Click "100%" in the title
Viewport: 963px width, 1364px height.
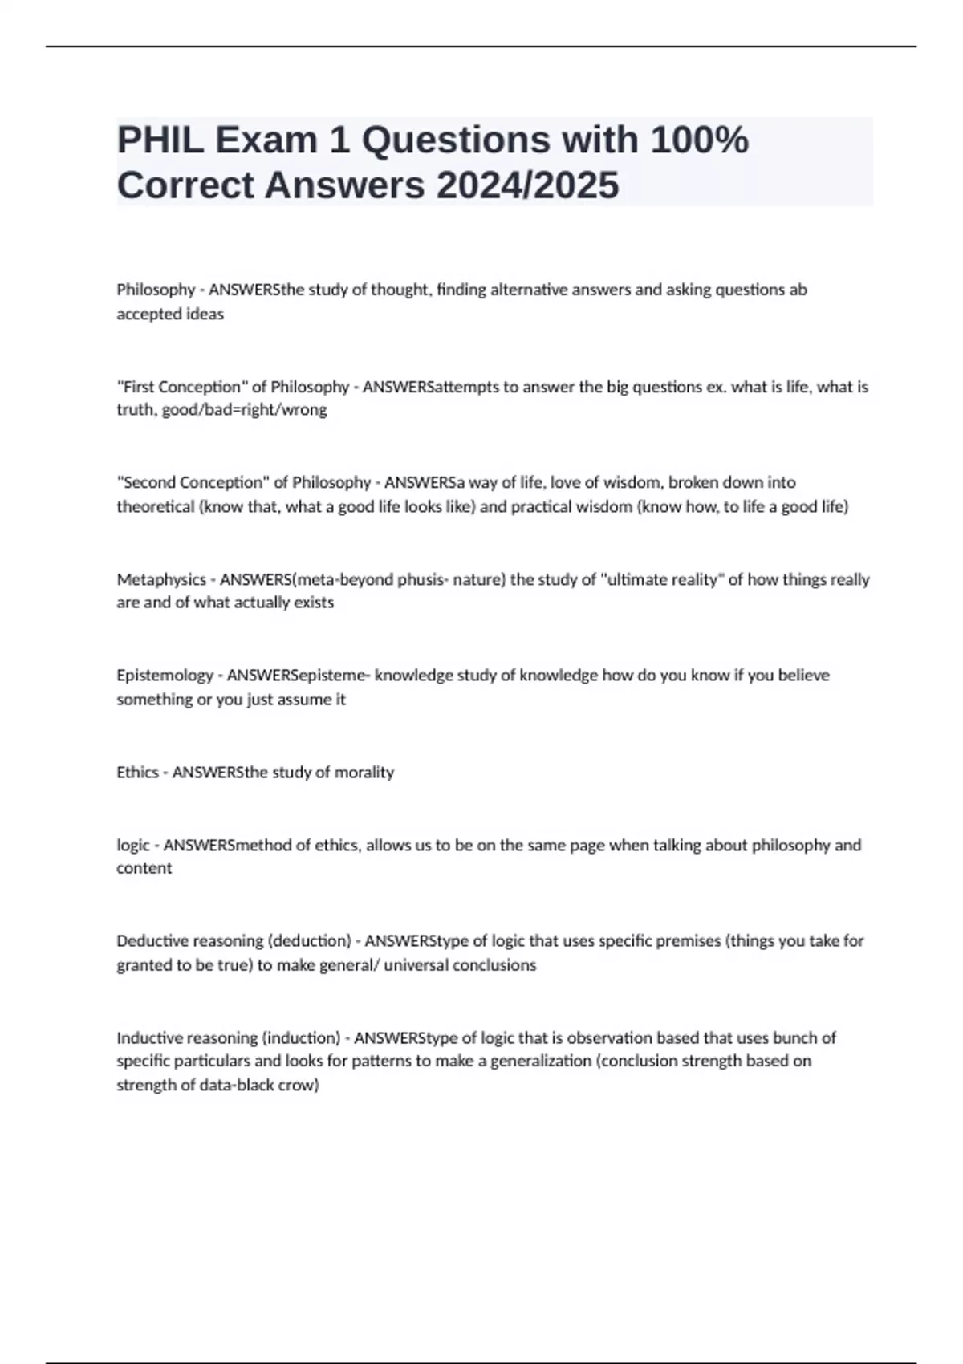click(699, 140)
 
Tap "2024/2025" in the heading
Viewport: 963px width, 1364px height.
click(527, 185)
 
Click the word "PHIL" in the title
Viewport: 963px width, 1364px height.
click(160, 140)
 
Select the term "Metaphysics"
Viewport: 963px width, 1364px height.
click(161, 579)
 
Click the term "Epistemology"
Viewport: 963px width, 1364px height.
click(165, 676)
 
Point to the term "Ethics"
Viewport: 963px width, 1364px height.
click(137, 772)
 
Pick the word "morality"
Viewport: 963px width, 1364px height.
click(364, 772)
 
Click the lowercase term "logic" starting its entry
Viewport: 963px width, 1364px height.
click(133, 845)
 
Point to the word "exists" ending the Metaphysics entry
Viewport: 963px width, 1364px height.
click(313, 603)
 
